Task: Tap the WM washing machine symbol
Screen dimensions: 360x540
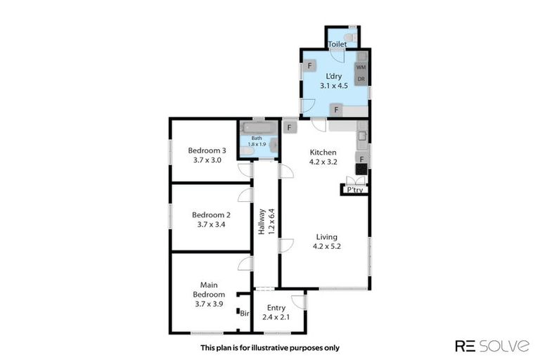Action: (361, 67)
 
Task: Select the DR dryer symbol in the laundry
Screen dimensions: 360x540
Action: (361, 79)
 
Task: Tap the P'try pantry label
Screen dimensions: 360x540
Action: (351, 190)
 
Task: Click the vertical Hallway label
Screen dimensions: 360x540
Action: (265, 221)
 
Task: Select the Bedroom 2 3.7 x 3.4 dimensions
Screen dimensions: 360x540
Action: (207, 224)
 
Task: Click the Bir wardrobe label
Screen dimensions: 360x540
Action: (244, 314)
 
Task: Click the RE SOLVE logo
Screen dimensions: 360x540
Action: (493, 345)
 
